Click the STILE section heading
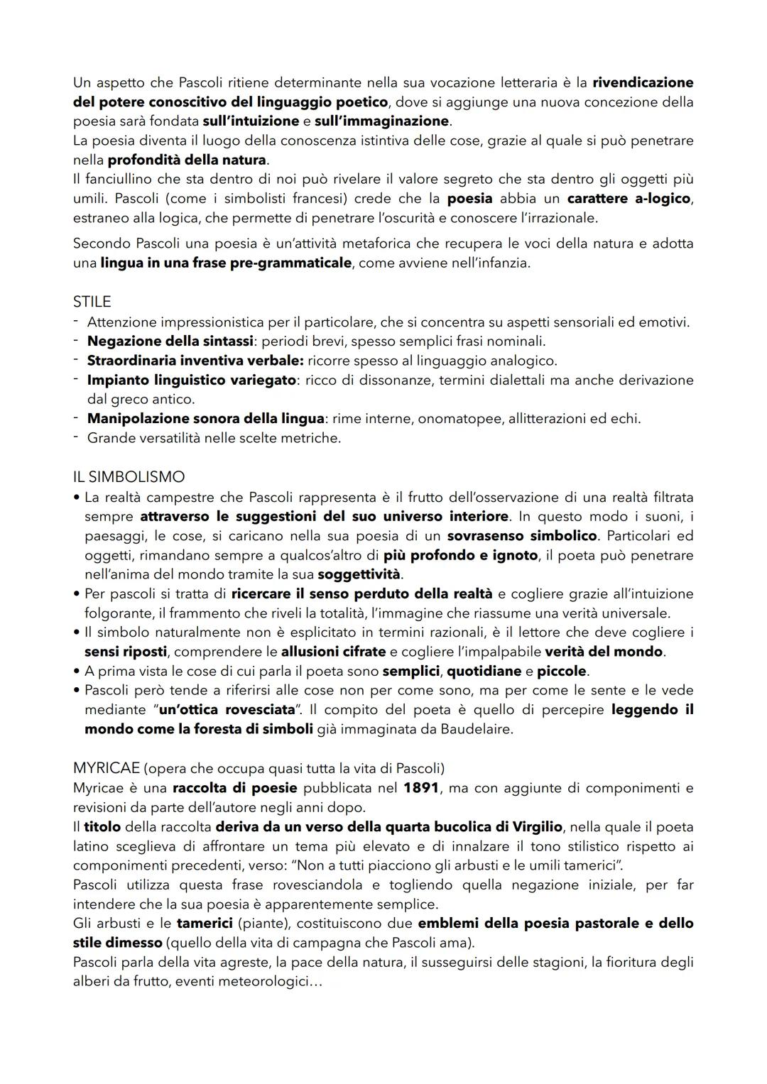pyautogui.click(x=92, y=302)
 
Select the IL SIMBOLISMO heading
pyautogui.click(x=129, y=477)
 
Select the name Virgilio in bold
pyautogui.click(x=534, y=827)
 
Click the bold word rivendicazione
pyautogui.click(x=643, y=82)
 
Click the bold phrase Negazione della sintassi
pyautogui.click(x=170, y=341)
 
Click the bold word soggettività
pyautogui.click(x=359, y=574)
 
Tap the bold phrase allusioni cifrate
pyautogui.click(x=333, y=651)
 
